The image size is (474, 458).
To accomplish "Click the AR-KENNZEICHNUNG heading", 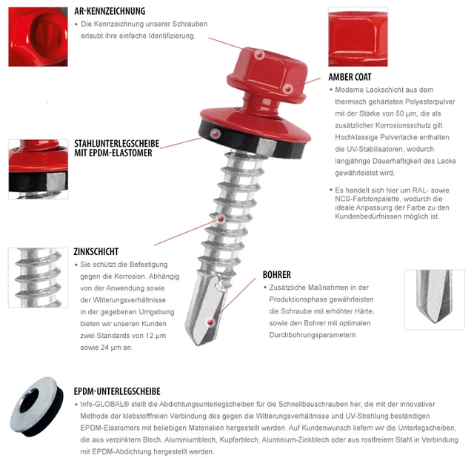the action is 110,11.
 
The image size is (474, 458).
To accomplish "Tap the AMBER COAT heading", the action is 350,77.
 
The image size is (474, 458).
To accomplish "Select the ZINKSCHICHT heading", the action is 96,252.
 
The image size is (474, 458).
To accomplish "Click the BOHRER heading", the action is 276,275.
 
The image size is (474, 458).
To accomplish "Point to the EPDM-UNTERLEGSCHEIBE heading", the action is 117,391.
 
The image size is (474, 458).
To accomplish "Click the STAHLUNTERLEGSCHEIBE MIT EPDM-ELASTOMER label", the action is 117,148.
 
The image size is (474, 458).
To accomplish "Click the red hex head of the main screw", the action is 267,74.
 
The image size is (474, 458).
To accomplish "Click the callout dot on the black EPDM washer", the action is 216,133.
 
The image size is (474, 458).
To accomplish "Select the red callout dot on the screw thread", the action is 221,219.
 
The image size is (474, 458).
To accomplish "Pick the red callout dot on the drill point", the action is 210,322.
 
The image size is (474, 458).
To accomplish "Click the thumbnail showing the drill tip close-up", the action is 435,299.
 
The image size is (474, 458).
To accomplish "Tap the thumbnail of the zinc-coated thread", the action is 38,278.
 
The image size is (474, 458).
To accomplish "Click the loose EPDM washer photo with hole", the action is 36,406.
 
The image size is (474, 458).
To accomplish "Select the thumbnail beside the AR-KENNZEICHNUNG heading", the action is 38,36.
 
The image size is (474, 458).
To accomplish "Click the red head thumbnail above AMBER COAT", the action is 358,36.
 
